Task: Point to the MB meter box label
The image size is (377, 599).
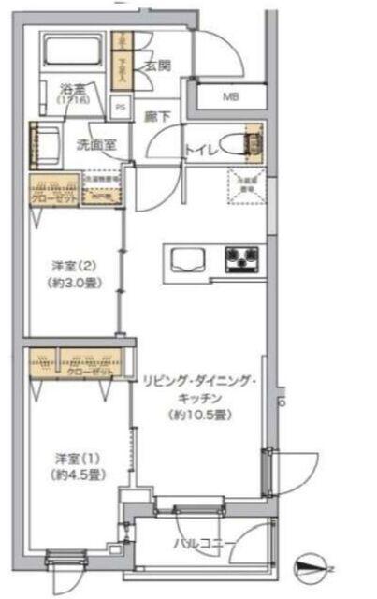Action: point(230,95)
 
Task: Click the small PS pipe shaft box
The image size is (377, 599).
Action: point(120,106)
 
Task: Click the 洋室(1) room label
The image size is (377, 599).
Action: point(68,458)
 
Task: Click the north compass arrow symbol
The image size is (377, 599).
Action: point(312,566)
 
